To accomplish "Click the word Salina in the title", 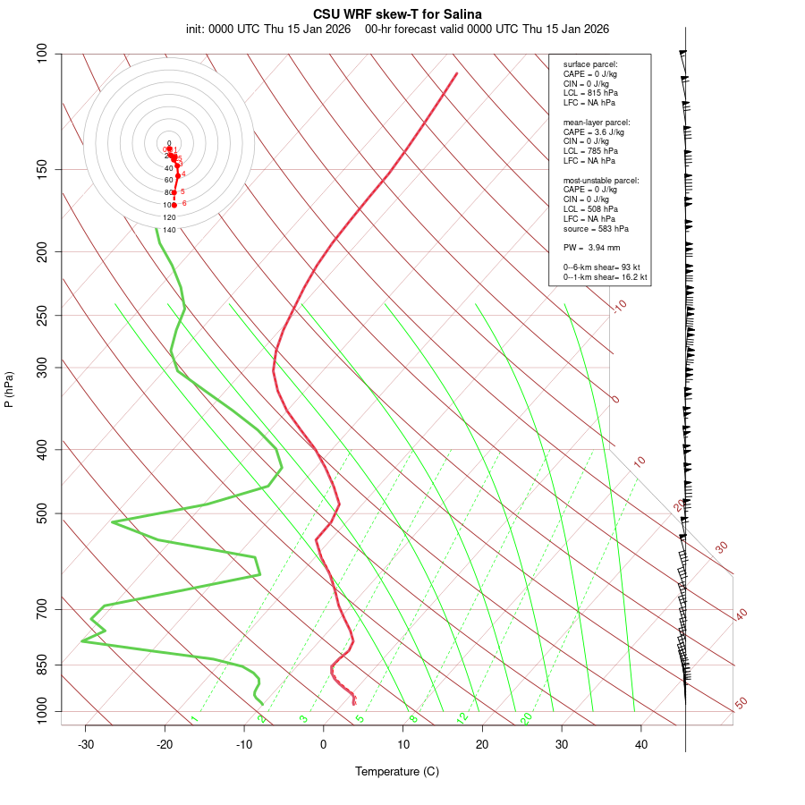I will (462, 14).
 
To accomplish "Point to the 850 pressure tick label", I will (42, 665).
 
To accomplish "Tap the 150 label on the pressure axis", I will (42, 170).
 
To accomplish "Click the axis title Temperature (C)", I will (396, 771).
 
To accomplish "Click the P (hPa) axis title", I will (9, 389).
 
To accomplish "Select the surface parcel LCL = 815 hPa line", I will (590, 93).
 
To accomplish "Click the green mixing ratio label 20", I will (527, 718).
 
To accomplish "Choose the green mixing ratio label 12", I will (462, 718).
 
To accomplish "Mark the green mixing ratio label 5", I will (360, 718).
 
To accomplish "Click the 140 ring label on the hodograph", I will (169, 230).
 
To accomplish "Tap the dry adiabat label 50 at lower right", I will (741, 704).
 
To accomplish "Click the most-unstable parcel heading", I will (601, 180).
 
